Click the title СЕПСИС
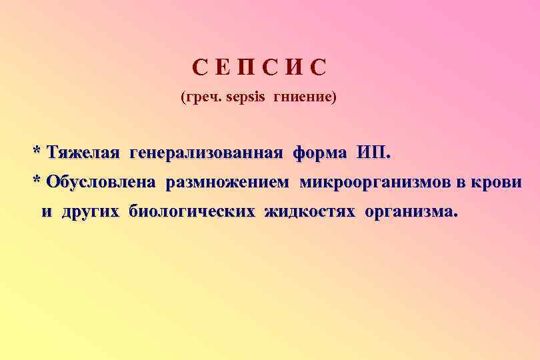pos(261,68)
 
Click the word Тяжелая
pos(83,153)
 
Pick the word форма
pos(319,153)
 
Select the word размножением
pos(228,183)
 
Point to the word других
pos(91,212)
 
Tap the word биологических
pos(192,212)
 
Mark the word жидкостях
pos(310,212)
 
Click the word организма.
pos(411,212)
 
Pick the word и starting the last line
pos(47,213)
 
